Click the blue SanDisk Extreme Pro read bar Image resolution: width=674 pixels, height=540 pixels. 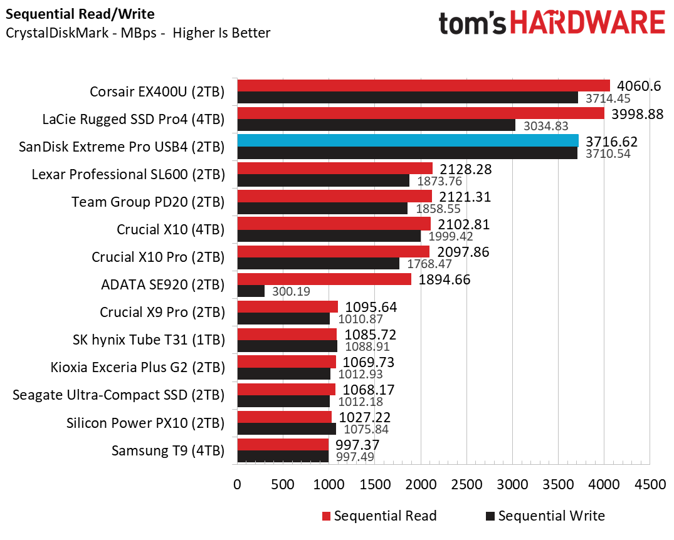click(408, 140)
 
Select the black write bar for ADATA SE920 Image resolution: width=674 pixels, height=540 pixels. click(251, 291)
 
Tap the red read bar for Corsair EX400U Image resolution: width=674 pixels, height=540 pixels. click(423, 85)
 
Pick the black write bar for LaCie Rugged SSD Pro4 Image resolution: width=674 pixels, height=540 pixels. click(376, 125)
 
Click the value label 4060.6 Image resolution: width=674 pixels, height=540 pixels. click(638, 86)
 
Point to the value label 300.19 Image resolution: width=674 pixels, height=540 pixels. click(290, 292)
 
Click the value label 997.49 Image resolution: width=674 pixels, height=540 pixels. click(355, 457)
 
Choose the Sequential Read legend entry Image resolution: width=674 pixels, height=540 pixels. click(379, 516)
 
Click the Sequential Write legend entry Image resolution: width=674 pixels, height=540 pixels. click(545, 516)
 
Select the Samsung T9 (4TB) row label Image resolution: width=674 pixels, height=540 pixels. click(167, 450)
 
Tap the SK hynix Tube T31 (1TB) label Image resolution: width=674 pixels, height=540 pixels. click(149, 340)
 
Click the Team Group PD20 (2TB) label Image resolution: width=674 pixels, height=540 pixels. click(148, 202)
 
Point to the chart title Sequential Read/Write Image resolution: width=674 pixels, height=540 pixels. click(80, 13)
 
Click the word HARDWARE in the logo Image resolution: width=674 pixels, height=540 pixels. click(588, 23)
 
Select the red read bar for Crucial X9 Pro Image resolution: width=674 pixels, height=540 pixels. click(287, 306)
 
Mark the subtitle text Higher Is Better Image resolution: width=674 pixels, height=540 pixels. click(221, 33)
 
